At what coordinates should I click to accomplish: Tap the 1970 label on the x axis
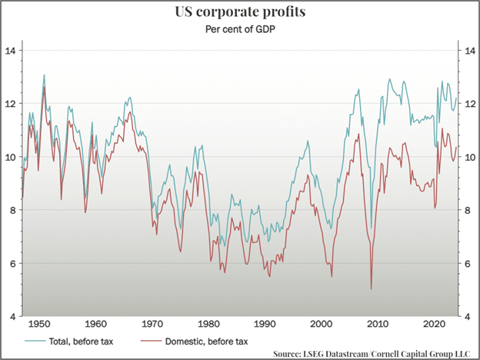(152, 324)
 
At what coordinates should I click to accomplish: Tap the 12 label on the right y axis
(466, 103)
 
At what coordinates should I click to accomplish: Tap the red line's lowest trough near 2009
(371, 288)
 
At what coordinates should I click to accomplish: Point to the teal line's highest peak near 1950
(44, 75)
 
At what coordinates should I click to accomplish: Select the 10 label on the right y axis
(466, 157)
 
